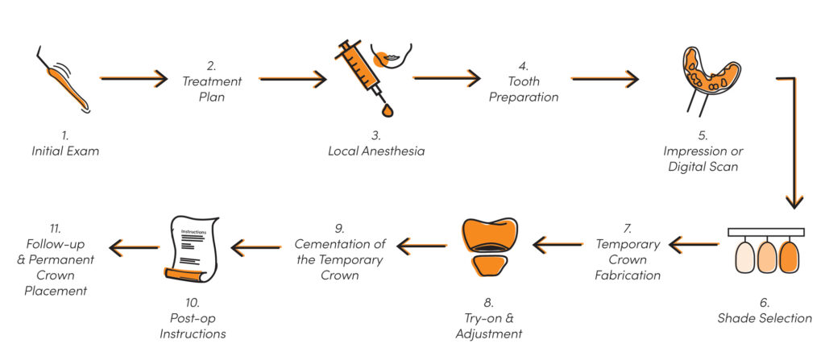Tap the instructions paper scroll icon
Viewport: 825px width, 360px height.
(x=192, y=249)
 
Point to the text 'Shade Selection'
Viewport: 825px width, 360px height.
(x=764, y=317)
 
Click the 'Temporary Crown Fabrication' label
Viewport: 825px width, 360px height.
(x=628, y=259)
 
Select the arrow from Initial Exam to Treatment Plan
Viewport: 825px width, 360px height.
(x=133, y=79)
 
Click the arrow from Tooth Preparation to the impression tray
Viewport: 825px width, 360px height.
(x=604, y=79)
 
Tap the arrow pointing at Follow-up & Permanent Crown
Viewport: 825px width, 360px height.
(x=133, y=246)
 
